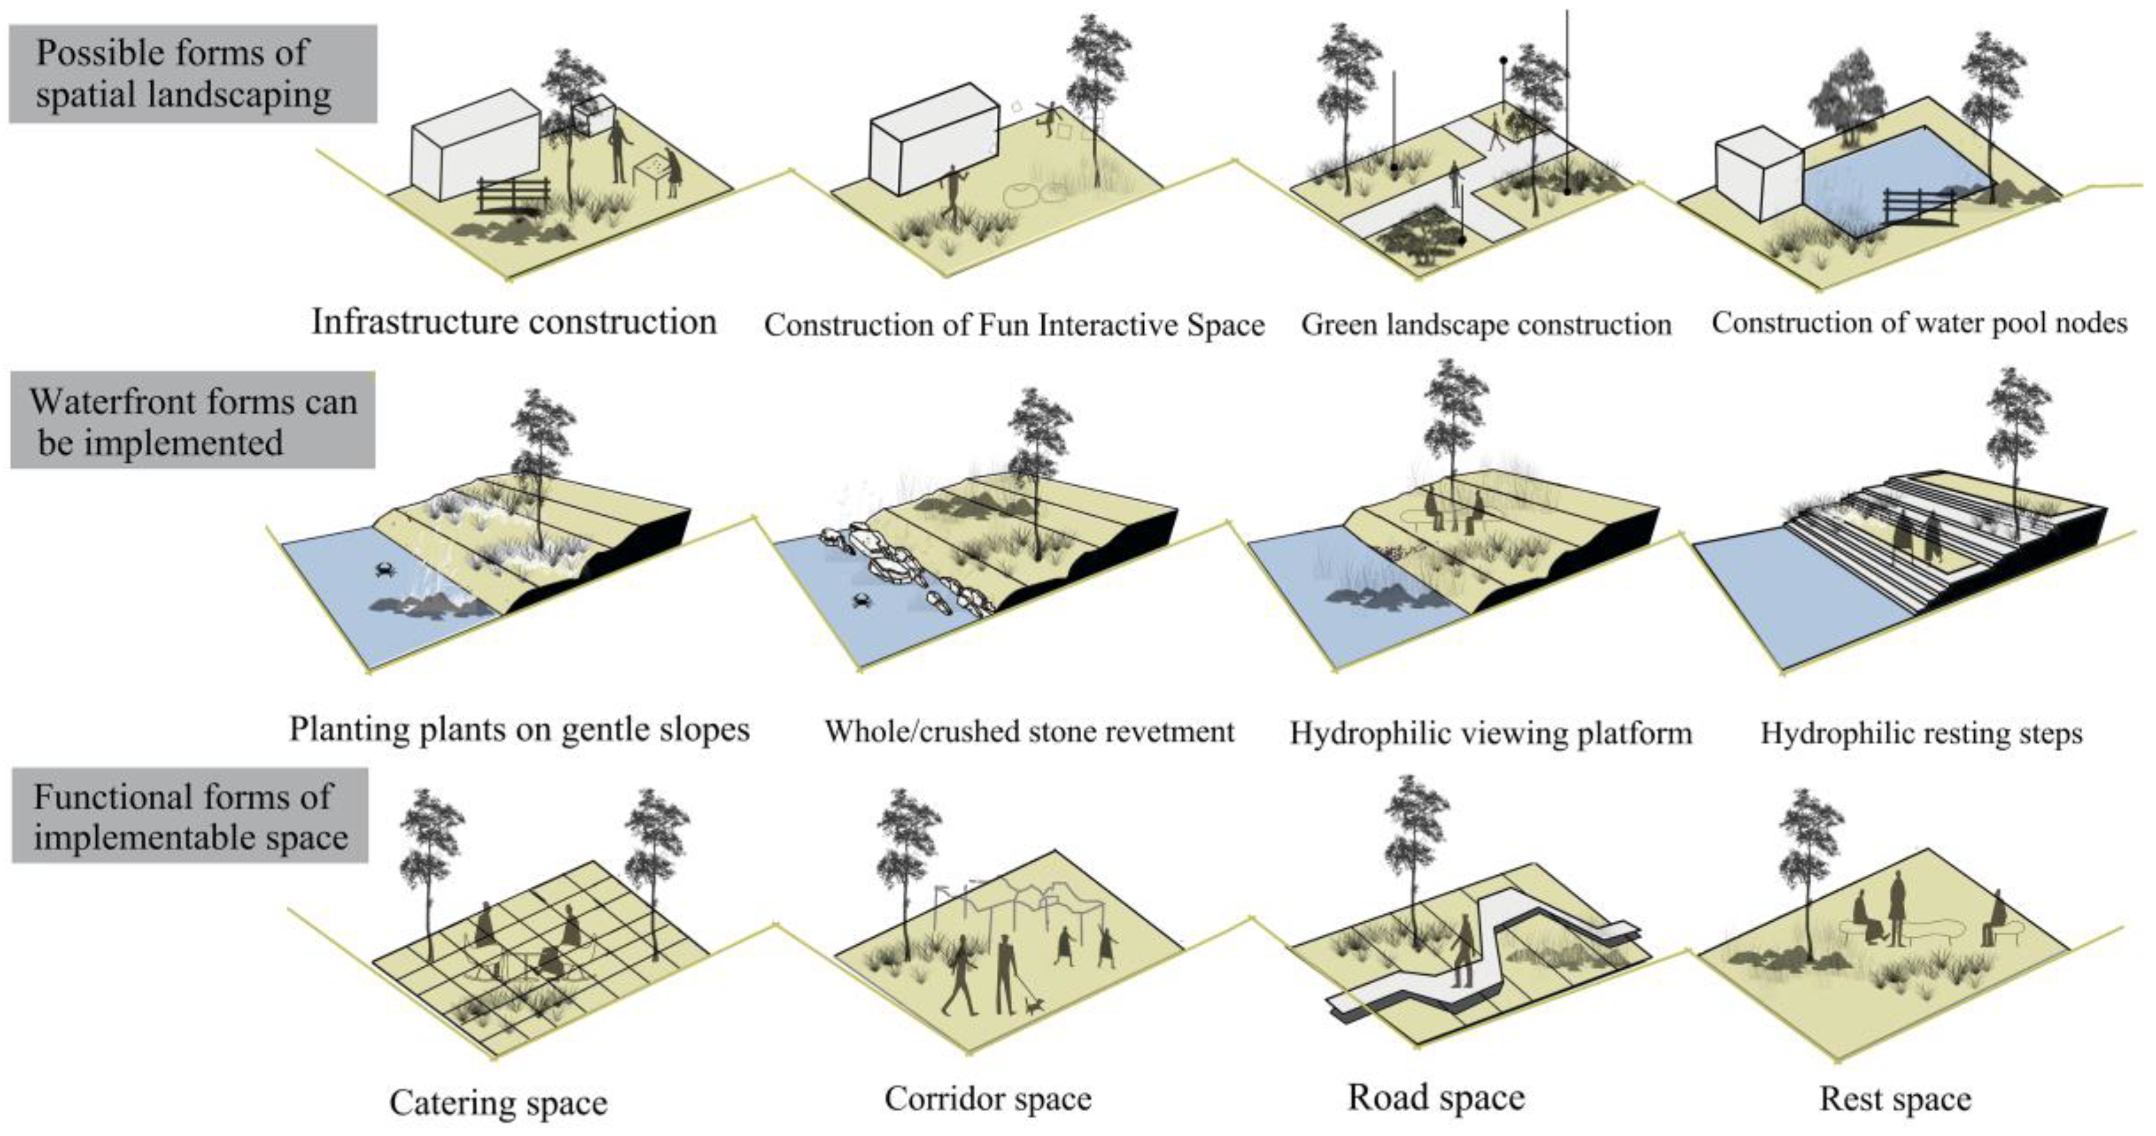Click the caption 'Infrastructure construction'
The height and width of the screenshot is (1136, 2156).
[x=514, y=322]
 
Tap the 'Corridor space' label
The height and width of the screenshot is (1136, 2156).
[x=987, y=1098]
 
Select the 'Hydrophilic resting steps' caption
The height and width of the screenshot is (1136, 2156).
[x=1922, y=734]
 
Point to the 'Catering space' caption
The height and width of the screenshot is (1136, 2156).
[x=498, y=1102]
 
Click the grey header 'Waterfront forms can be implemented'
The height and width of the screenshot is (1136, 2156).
[x=192, y=421]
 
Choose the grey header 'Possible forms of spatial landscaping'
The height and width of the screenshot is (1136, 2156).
[x=192, y=74]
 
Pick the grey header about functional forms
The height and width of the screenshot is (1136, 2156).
[x=190, y=816]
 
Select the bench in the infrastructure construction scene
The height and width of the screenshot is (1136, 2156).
[x=513, y=198]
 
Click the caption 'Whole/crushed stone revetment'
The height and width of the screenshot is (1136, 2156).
[x=1029, y=732]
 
